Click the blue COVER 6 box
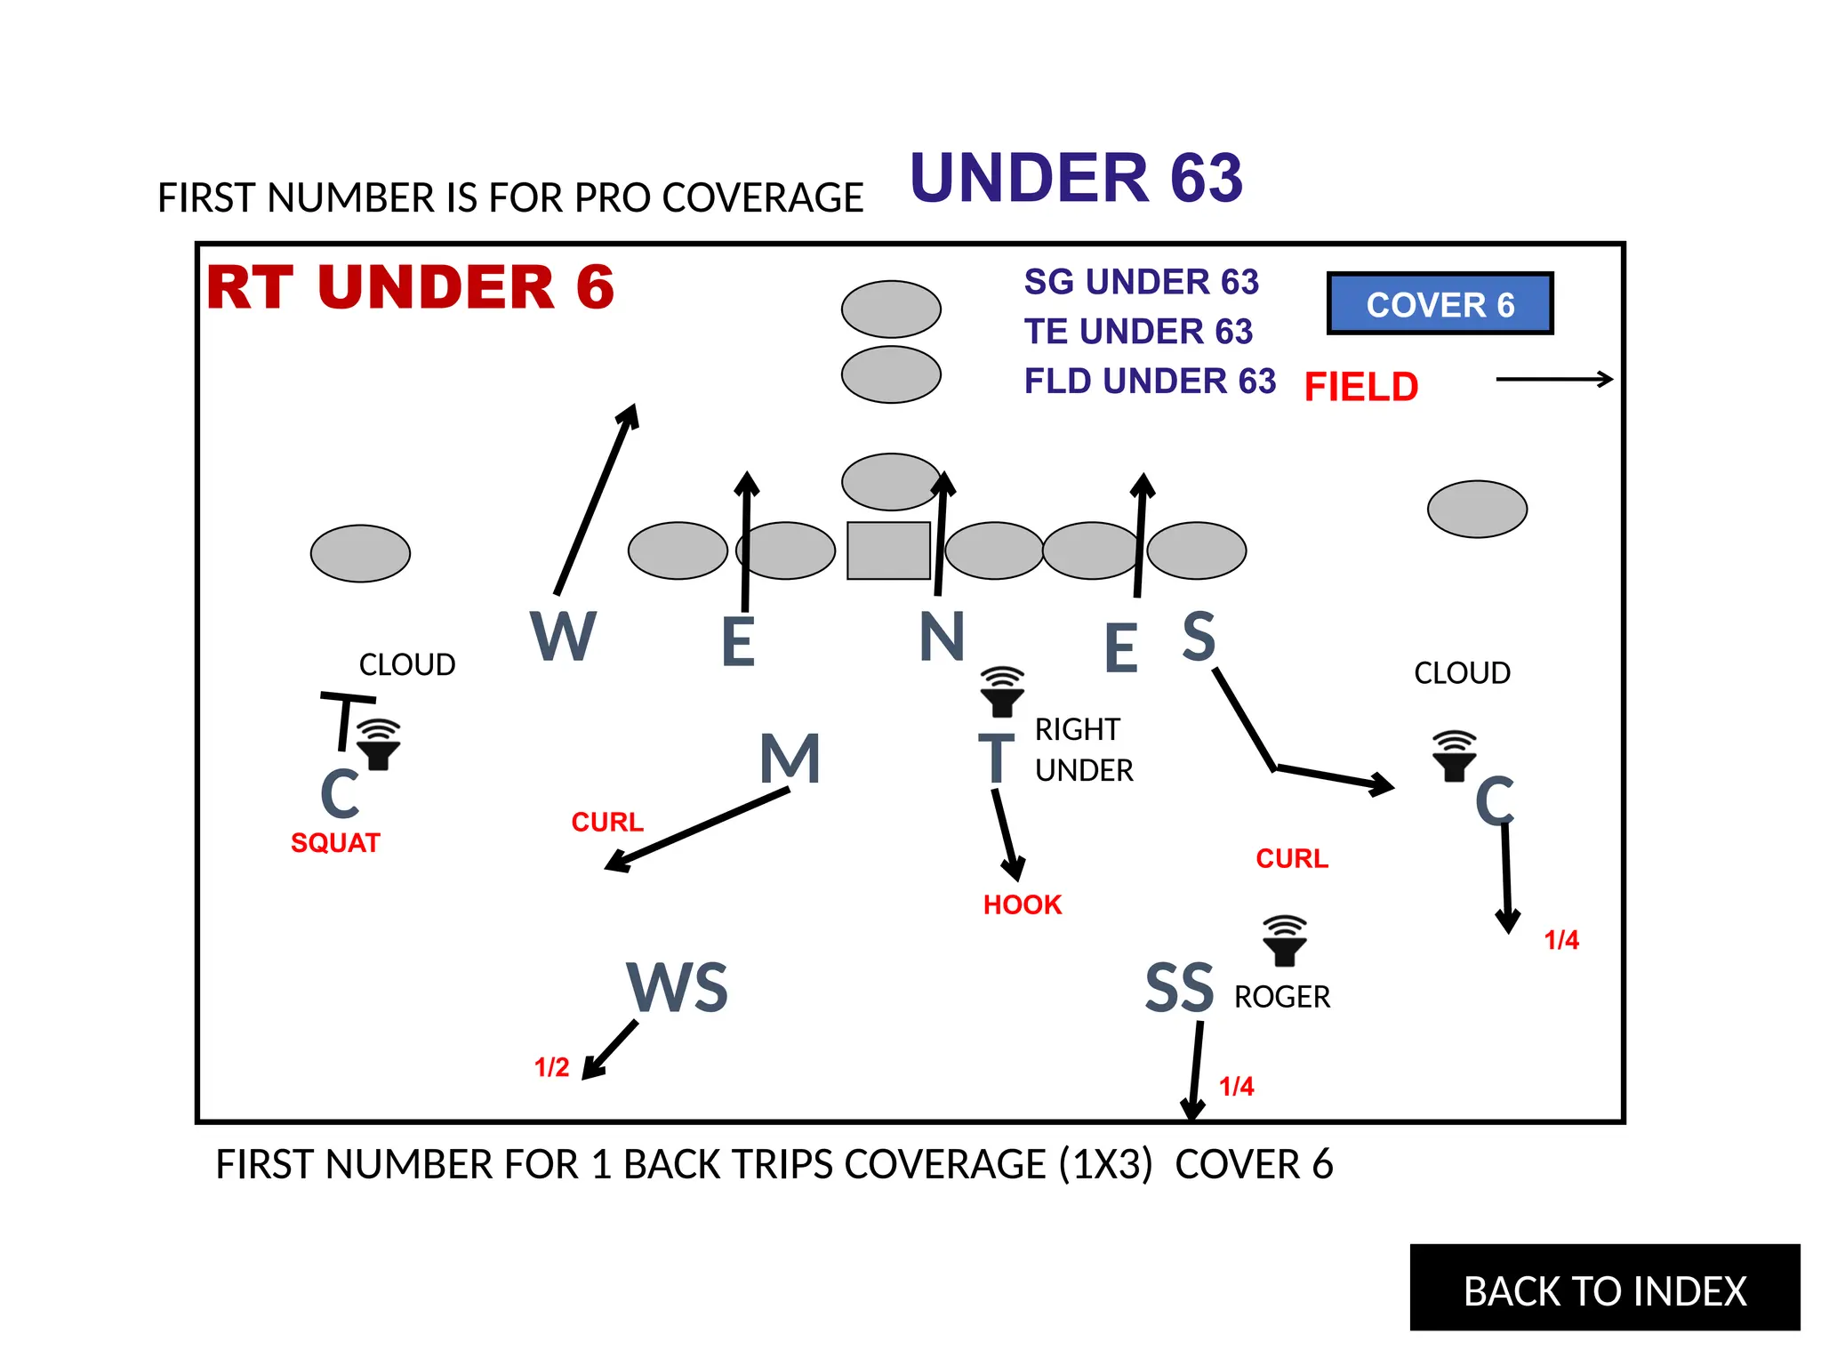tap(1440, 304)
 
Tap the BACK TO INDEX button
tap(1604, 1290)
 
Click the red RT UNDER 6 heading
tap(410, 287)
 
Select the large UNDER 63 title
tap(1076, 178)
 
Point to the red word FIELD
tap(1360, 387)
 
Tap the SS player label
tap(1179, 988)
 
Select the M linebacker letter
tap(790, 759)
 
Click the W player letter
tap(563, 636)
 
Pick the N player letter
tap(942, 637)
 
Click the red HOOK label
tap(1023, 905)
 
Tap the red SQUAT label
tap(335, 843)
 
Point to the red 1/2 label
tap(551, 1067)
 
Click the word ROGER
tap(1281, 997)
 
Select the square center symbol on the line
tap(888, 550)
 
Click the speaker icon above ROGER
tap(1284, 941)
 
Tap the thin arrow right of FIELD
tap(1553, 380)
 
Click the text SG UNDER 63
tap(1141, 282)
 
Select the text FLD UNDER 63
tap(1150, 381)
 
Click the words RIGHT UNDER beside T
tap(1083, 750)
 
